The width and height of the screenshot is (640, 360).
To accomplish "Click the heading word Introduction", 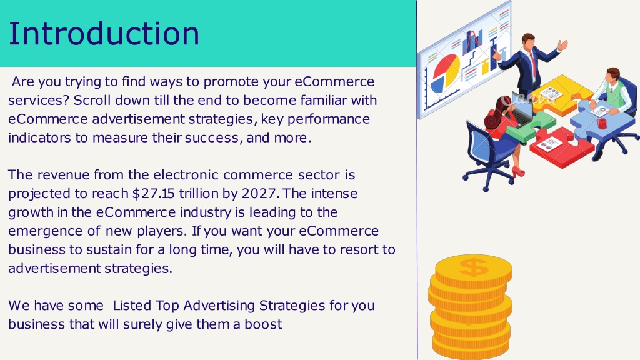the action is [x=104, y=34].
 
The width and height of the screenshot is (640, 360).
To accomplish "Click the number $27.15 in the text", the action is [x=154, y=194].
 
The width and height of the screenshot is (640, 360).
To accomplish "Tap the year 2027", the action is [x=258, y=194].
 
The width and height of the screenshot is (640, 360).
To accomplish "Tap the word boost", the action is [x=263, y=324].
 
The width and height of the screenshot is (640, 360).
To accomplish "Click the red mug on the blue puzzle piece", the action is [x=602, y=123].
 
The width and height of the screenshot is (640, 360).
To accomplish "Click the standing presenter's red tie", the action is [x=533, y=64].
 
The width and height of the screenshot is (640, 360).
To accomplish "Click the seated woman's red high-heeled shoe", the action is [x=517, y=172].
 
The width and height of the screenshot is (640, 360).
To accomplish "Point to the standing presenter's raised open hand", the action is [x=563, y=44].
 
